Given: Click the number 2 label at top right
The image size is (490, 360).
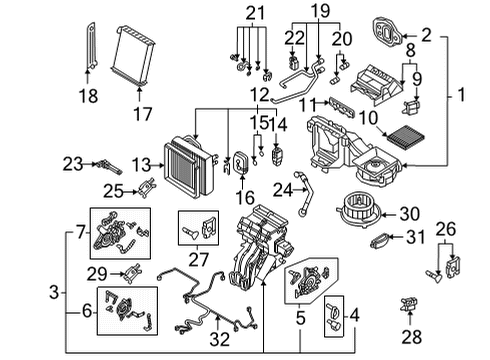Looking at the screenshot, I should tap(425, 36).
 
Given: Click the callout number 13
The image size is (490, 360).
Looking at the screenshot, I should tap(140, 164).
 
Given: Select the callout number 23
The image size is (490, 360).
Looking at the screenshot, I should tap(71, 162).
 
